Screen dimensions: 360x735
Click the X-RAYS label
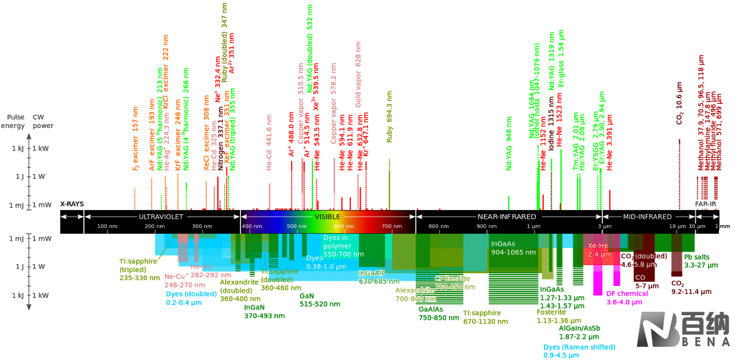click(72, 204)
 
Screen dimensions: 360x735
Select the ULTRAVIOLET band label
click(161, 216)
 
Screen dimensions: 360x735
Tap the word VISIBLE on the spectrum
click(327, 216)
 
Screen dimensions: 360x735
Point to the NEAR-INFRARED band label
click(507, 216)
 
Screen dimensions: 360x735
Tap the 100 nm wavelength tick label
click(107, 226)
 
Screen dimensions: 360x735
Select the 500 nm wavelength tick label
click(296, 226)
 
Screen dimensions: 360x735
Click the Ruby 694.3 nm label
click(390, 117)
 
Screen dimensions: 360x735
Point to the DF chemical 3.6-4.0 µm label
click(627, 297)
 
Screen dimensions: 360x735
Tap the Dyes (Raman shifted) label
click(579, 351)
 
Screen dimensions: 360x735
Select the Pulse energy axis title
click(13, 121)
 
